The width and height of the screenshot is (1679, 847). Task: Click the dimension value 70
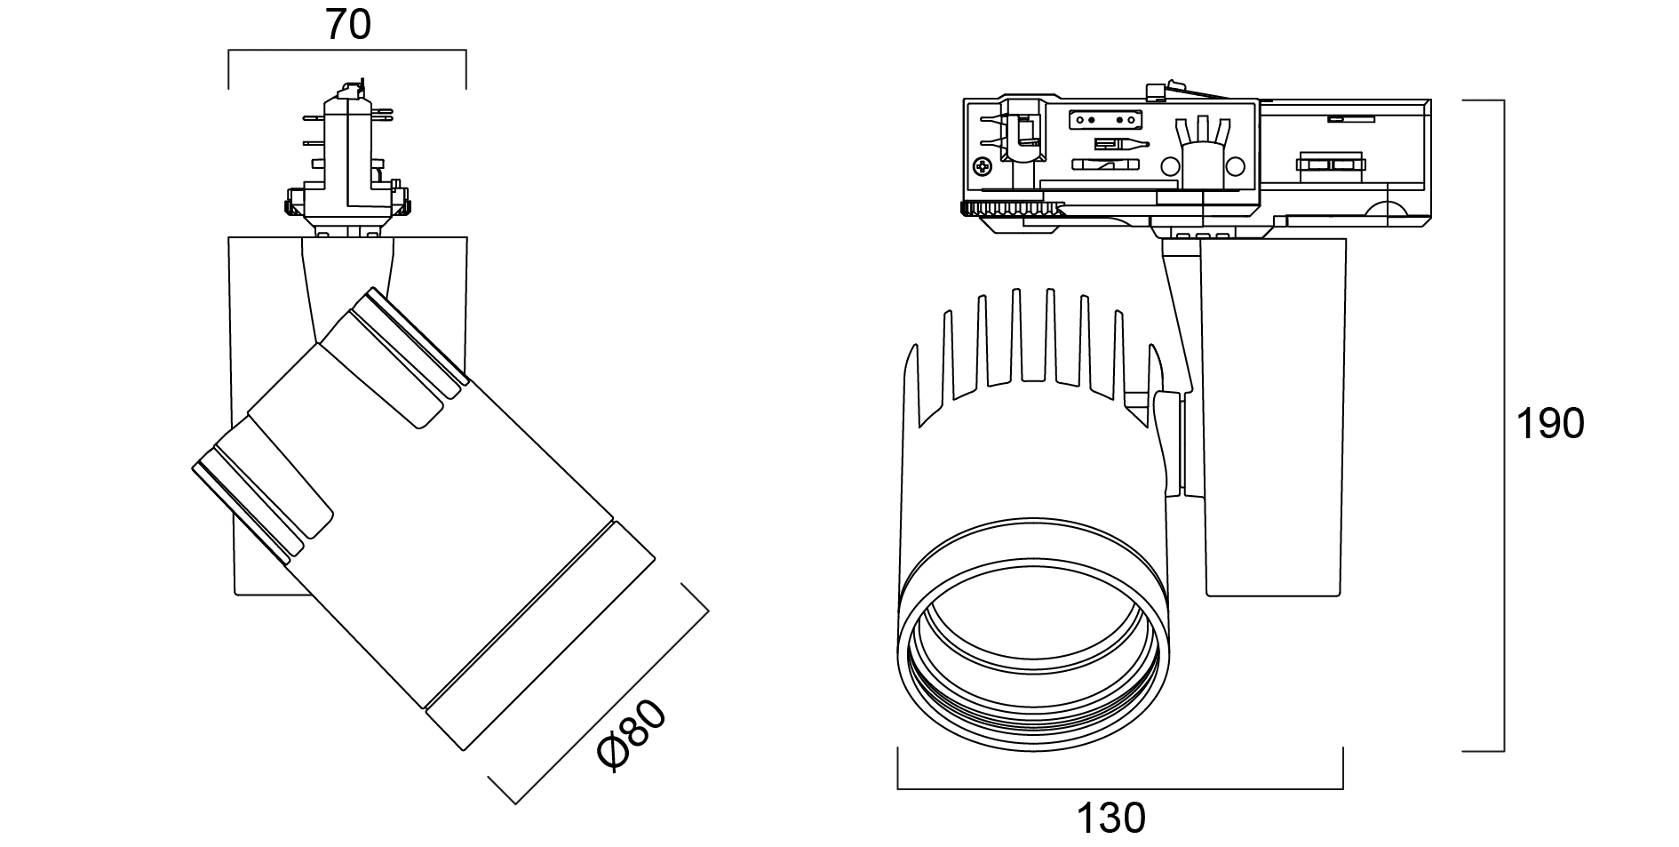click(x=347, y=25)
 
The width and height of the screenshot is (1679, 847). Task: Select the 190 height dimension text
click(x=1549, y=424)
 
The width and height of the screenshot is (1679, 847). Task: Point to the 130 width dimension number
click(x=1111, y=817)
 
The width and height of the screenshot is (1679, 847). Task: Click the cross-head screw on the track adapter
click(x=983, y=165)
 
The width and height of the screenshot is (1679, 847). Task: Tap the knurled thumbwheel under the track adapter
click(x=1011, y=210)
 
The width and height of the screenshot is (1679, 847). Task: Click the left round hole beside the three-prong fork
click(x=1170, y=165)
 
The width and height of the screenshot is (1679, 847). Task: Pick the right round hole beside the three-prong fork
click(x=1236, y=165)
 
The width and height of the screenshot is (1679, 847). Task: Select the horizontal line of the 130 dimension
click(x=1119, y=787)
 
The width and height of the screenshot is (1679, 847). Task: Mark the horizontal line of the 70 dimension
click(x=347, y=52)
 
